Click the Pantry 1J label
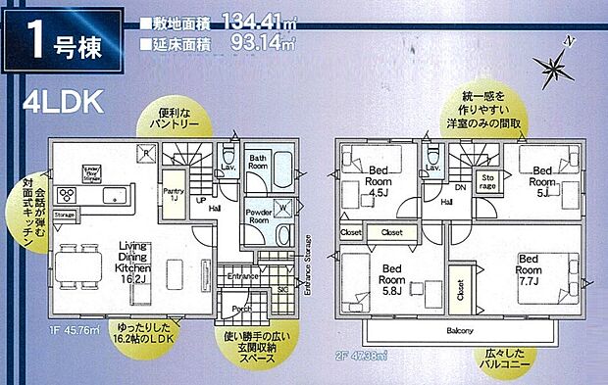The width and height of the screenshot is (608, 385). pyautogui.click(x=174, y=194)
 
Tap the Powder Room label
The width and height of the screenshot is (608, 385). pyautogui.click(x=259, y=216)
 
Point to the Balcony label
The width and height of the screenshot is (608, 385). pyautogui.click(x=459, y=330)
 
